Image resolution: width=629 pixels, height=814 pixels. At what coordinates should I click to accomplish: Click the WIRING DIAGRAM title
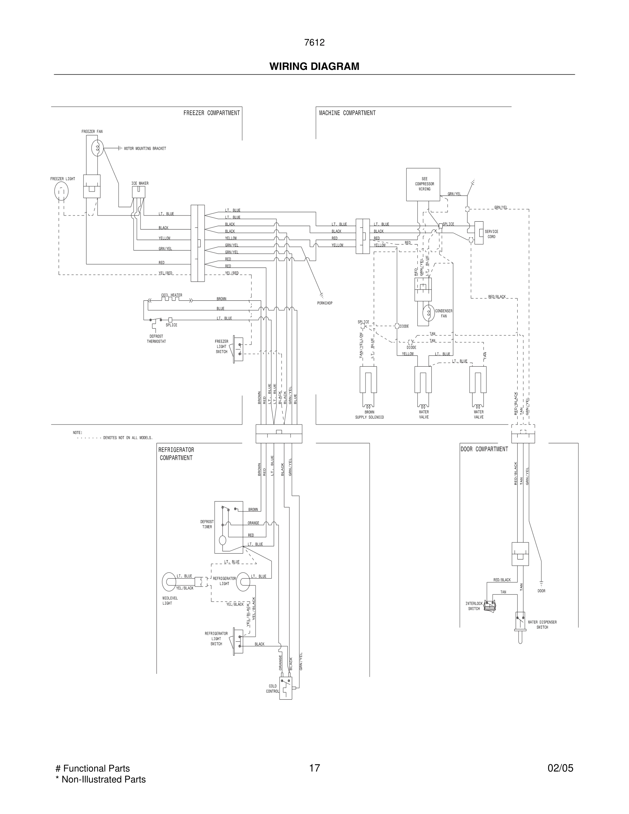click(314, 66)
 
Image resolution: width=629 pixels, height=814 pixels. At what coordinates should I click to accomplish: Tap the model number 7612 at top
click(314, 42)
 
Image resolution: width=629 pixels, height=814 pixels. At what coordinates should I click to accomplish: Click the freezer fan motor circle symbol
click(97, 148)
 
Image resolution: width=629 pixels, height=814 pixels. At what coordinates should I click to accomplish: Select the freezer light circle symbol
click(61, 191)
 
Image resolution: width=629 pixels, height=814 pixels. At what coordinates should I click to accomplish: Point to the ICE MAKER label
click(140, 183)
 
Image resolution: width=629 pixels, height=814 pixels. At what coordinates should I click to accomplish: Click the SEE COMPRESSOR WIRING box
click(423, 184)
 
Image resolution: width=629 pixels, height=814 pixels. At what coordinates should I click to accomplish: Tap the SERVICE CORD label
click(491, 234)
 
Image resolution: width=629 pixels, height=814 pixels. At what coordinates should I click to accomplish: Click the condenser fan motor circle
click(429, 313)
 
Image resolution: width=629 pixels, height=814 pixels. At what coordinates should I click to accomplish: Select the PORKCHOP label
click(324, 303)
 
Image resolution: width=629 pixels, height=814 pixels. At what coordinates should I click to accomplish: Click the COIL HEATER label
click(171, 295)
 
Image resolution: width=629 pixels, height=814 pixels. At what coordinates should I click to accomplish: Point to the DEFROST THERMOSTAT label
click(156, 339)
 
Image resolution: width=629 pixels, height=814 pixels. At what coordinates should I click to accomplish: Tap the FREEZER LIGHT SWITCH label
click(221, 346)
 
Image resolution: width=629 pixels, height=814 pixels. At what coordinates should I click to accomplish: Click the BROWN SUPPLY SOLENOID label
click(369, 415)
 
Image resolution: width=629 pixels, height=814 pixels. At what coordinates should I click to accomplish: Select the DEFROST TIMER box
click(229, 527)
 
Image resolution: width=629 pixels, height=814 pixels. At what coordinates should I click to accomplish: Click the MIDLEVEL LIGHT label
click(170, 601)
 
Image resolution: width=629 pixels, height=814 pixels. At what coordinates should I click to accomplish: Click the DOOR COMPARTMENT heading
click(484, 449)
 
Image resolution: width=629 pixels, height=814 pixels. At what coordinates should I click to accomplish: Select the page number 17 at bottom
click(314, 768)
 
